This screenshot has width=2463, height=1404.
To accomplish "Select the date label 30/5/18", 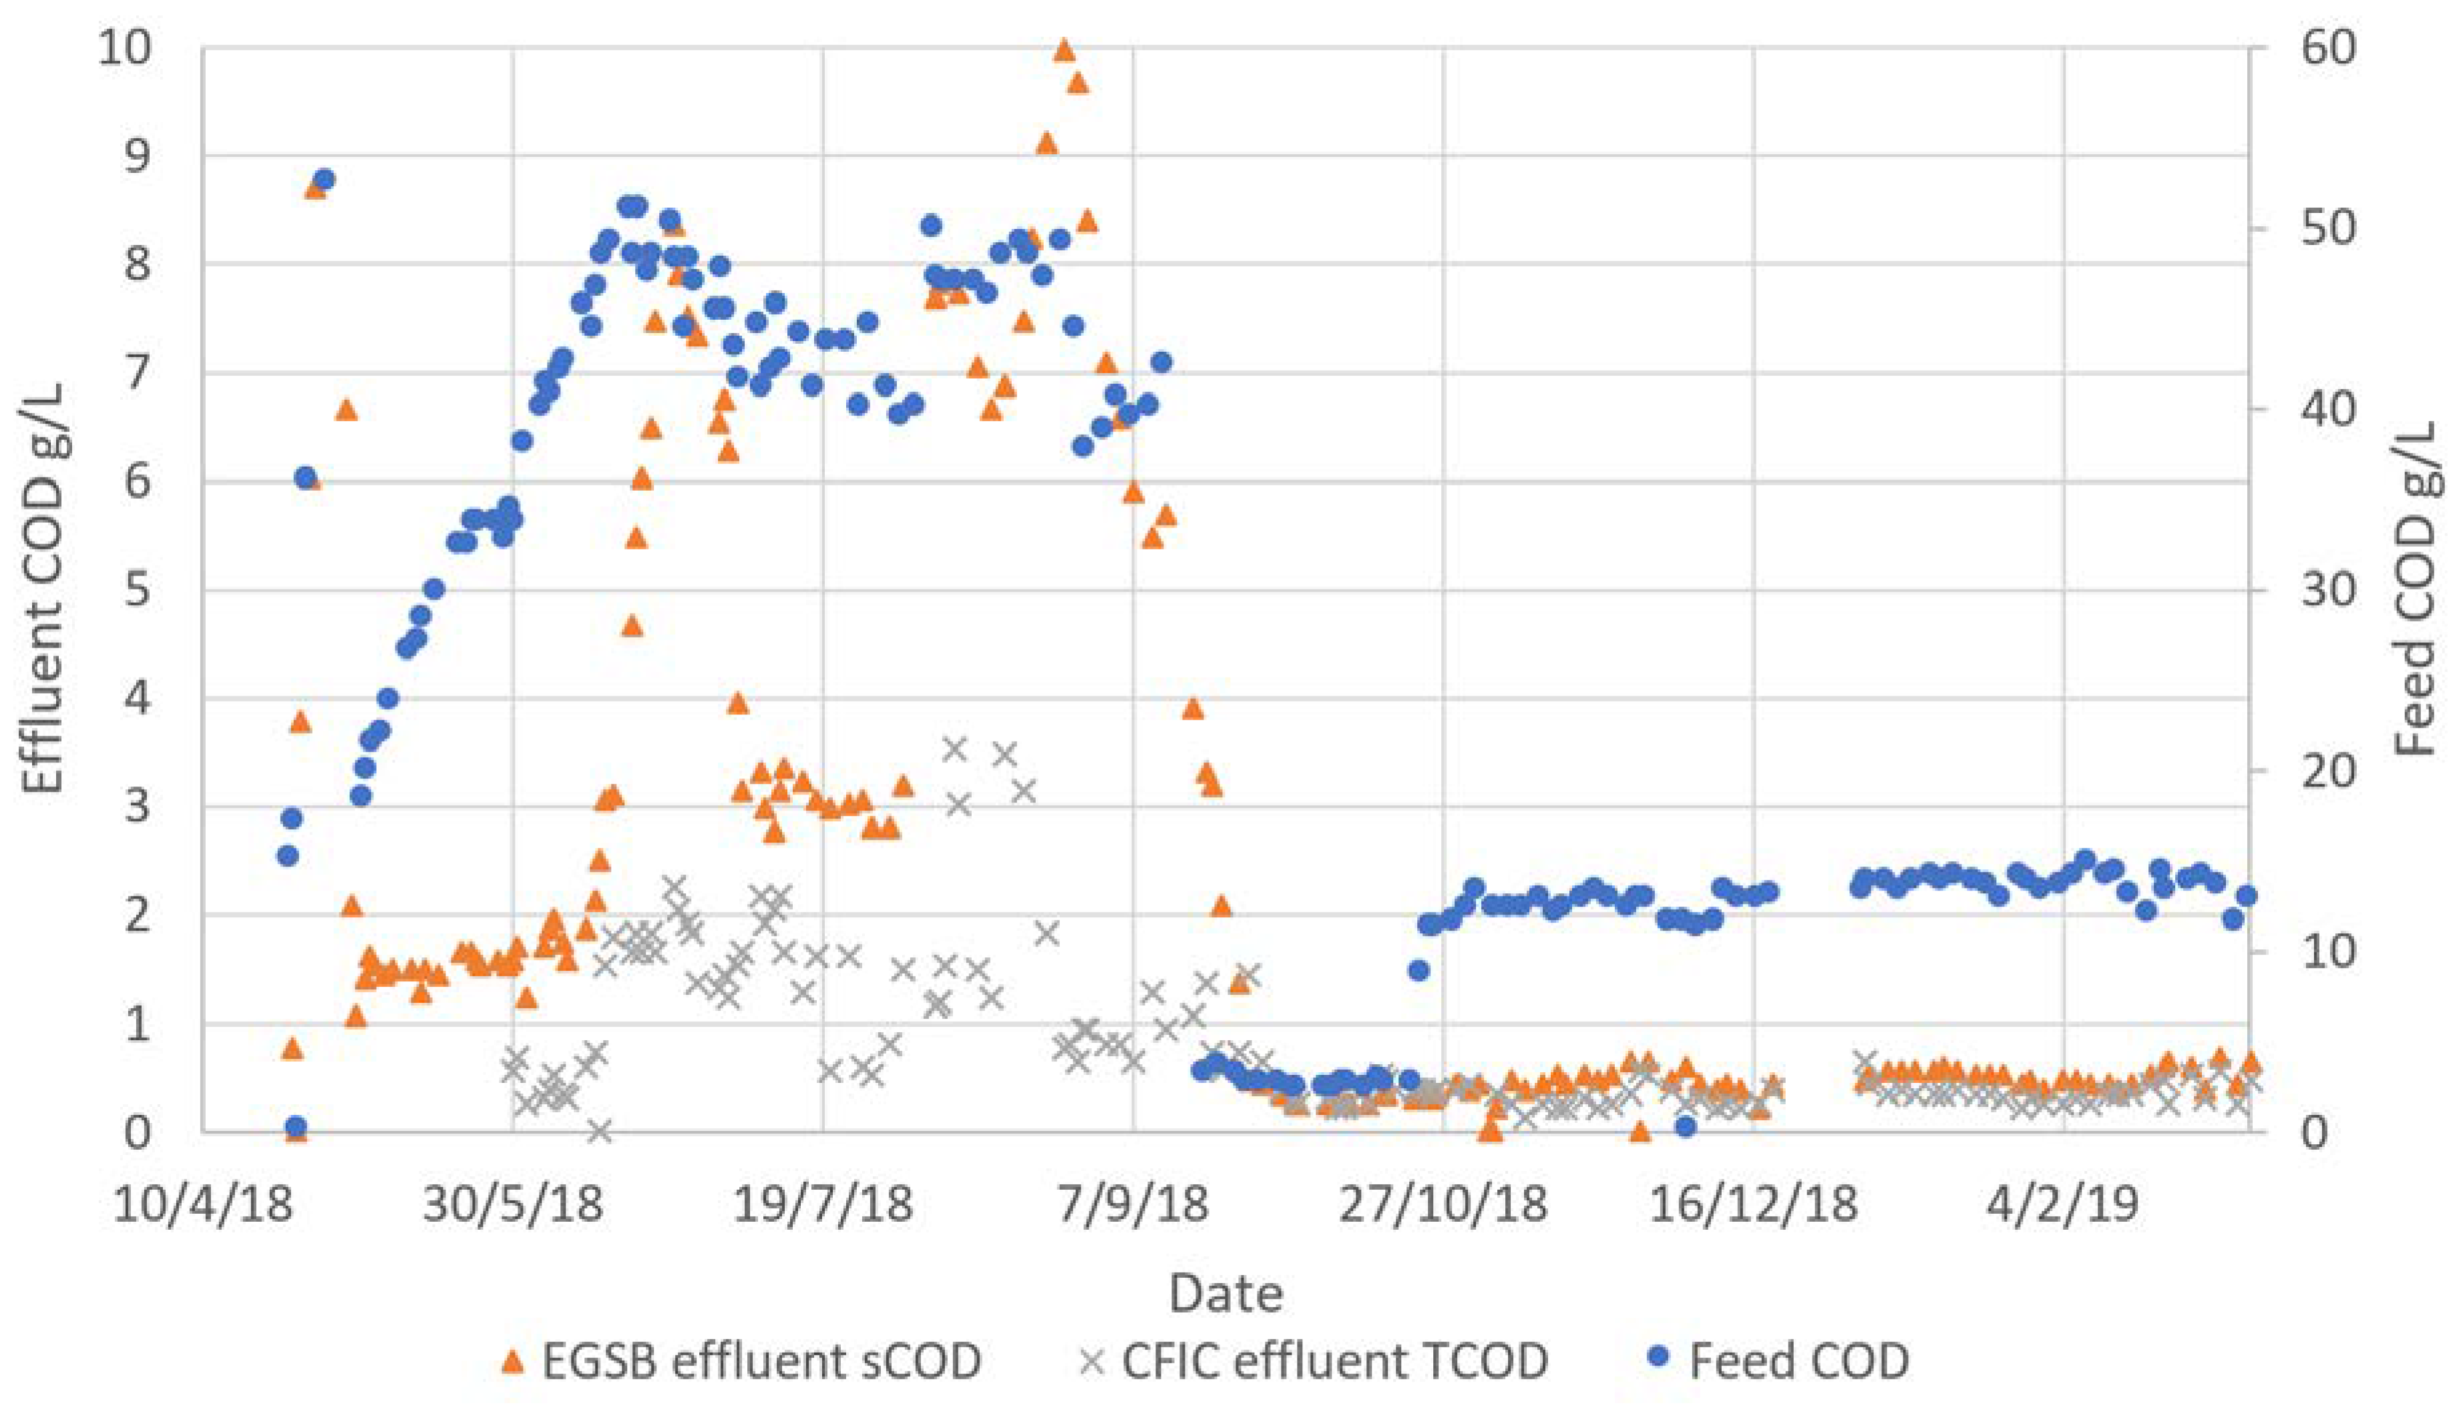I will pyautogui.click(x=513, y=1205).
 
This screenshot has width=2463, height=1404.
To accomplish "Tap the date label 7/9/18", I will pyautogui.click(x=1133, y=1205).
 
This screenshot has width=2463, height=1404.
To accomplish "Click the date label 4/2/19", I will pyautogui.click(x=2063, y=1205).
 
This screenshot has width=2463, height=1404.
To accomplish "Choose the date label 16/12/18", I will pyautogui.click(x=1752, y=1205).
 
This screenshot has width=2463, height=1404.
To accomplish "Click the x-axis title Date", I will pyautogui.click(x=1225, y=1293).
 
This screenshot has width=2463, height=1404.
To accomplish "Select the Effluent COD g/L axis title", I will pyautogui.click(x=44, y=588).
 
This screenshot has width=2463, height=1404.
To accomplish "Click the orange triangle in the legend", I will pyautogui.click(x=514, y=1361).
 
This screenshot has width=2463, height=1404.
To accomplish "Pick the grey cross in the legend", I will pyautogui.click(x=1092, y=1361).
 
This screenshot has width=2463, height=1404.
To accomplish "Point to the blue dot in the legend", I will pyautogui.click(x=1658, y=1361).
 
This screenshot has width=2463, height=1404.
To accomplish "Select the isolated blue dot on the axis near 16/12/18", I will pyautogui.click(x=1685, y=1126).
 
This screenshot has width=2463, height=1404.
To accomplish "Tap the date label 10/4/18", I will pyautogui.click(x=202, y=1205).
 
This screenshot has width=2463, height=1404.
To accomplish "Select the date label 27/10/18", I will pyautogui.click(x=1443, y=1205).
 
